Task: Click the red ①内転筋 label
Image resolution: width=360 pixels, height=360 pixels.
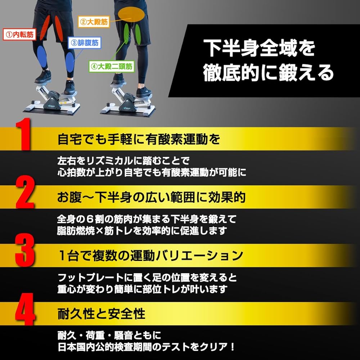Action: click(20, 35)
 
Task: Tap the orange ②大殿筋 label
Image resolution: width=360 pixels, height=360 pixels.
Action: click(94, 22)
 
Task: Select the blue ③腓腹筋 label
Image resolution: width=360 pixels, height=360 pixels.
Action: click(85, 43)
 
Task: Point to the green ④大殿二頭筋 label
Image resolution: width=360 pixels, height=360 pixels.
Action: click(112, 67)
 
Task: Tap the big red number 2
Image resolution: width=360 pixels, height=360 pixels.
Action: click(25, 192)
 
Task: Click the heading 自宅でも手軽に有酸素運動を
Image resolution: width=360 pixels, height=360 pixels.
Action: click(139, 139)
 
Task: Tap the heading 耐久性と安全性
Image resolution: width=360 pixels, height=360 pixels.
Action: click(101, 314)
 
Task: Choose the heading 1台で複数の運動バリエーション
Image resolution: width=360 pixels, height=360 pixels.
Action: click(150, 256)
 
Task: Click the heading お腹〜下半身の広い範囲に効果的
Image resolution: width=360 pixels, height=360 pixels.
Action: click(151, 197)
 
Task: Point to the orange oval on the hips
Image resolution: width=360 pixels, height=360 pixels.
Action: click(131, 15)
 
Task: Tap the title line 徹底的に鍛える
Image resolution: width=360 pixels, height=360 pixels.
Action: click(268, 73)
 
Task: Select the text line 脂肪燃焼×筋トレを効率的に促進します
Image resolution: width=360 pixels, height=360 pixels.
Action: click(142, 231)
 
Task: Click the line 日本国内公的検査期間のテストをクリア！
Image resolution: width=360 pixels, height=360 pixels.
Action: click(147, 347)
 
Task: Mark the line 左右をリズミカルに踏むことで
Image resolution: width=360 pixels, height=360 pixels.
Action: click(123, 161)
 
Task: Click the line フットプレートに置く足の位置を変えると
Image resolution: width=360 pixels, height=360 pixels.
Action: click(147, 278)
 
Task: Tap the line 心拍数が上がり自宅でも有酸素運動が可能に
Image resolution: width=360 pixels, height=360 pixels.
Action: click(152, 172)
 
